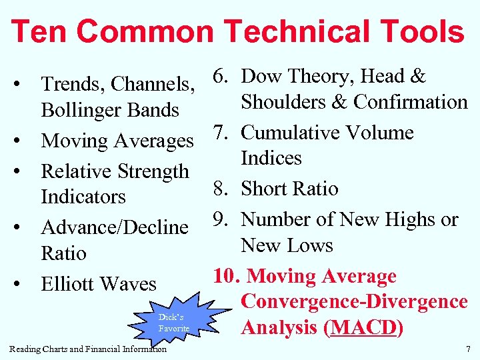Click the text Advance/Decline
[x=115, y=227]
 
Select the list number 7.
[x=221, y=133]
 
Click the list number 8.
[x=221, y=189]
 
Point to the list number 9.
[x=221, y=219]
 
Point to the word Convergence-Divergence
[x=354, y=302]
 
